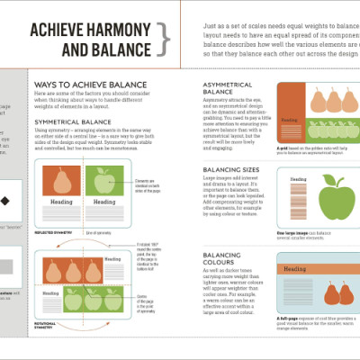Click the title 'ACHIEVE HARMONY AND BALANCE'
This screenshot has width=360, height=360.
click(x=88, y=37)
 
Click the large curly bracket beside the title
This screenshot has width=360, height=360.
click(x=164, y=38)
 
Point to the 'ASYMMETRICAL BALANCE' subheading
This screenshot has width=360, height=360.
click(x=225, y=87)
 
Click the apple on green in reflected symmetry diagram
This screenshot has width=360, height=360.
click(x=102, y=182)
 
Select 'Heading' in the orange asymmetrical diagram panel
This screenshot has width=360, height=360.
click(x=290, y=120)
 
